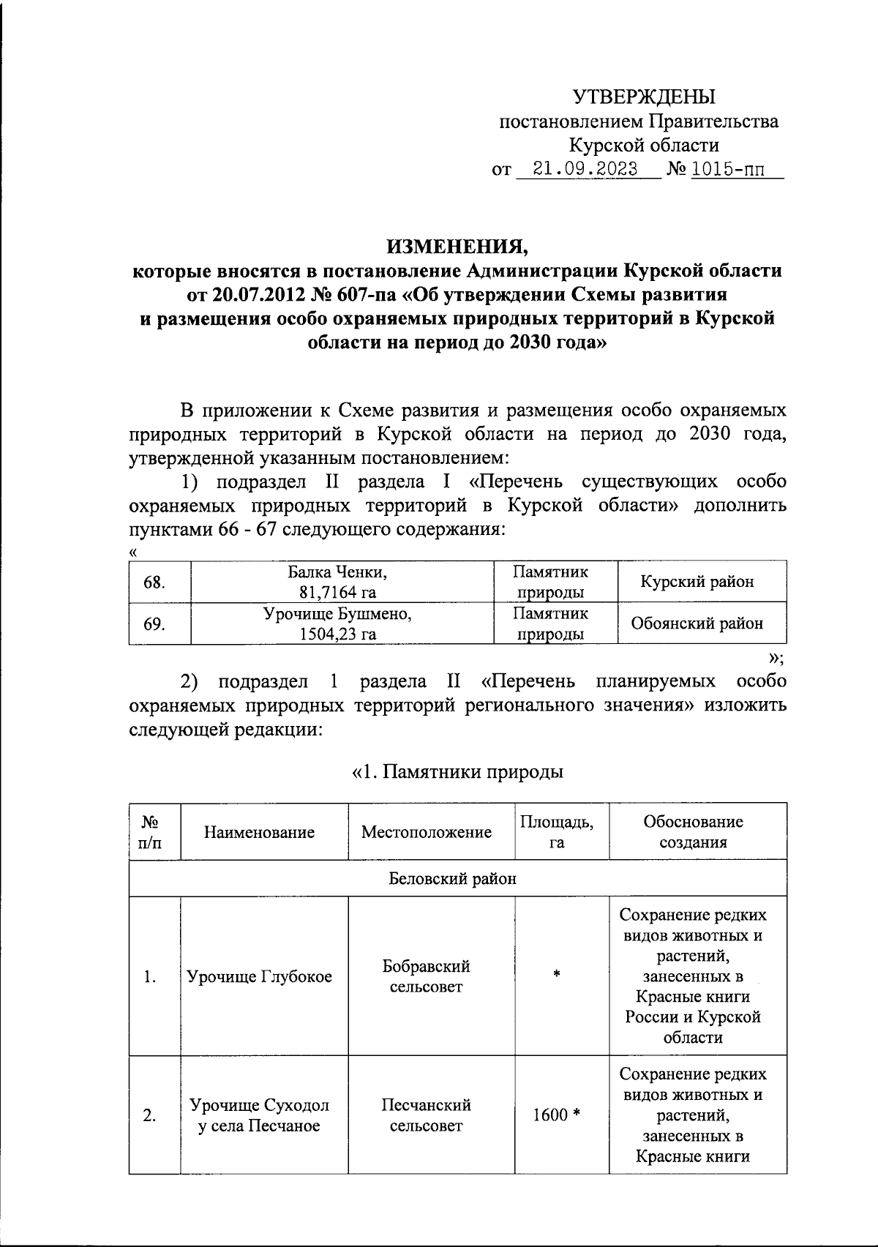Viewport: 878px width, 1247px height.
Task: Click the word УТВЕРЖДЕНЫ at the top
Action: (644, 96)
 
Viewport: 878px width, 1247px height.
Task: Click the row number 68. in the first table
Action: (154, 583)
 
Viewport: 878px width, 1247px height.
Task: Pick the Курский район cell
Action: (697, 582)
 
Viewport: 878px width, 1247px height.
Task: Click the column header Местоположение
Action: (427, 832)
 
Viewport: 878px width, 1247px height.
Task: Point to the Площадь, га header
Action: (557, 832)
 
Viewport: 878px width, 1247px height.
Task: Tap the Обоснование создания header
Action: (693, 832)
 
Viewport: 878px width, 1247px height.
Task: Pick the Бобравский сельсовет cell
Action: (427, 976)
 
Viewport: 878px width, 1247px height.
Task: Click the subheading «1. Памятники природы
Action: (457, 772)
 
